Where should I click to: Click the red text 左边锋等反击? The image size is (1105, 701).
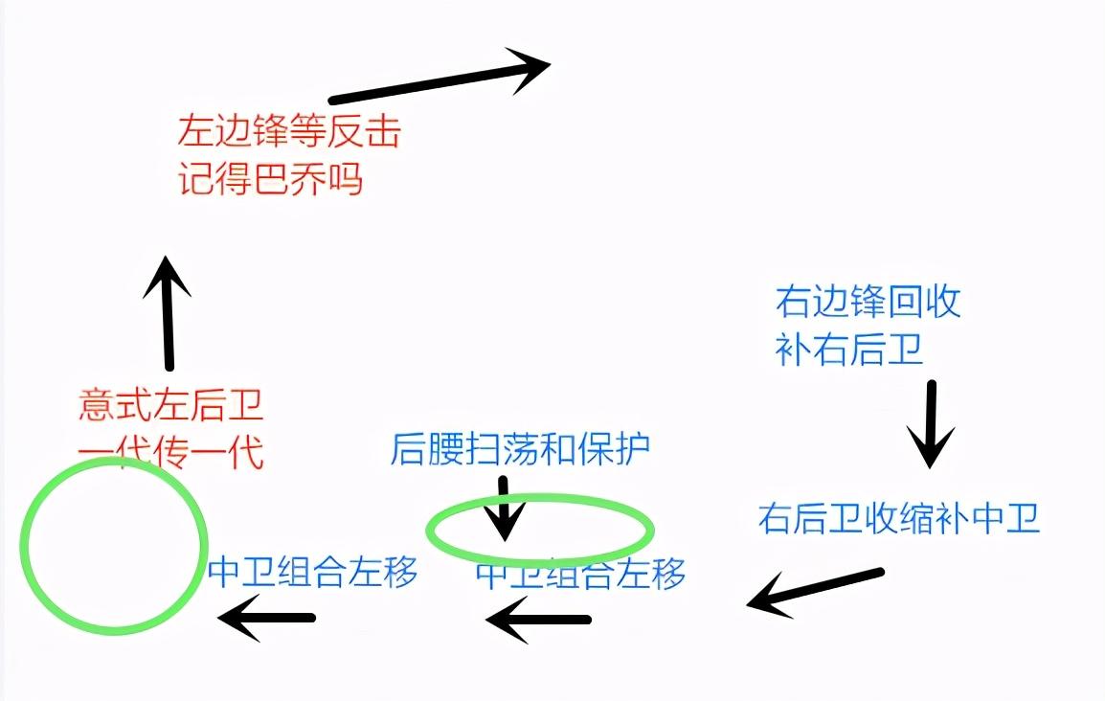[289, 131]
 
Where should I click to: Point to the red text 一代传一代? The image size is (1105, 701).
[171, 452]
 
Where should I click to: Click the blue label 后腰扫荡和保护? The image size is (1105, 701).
[520, 449]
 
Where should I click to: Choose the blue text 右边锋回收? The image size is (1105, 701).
[868, 302]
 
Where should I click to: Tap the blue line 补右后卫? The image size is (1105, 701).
[849, 349]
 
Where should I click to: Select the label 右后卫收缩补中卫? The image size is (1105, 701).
[899, 518]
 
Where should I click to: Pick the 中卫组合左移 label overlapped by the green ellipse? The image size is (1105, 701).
[580, 573]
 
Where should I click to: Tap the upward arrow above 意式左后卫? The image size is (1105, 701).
[168, 313]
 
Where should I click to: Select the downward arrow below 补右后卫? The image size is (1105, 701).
[931, 424]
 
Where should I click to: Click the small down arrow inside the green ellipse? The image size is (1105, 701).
[504, 509]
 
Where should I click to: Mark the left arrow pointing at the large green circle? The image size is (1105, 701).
[266, 618]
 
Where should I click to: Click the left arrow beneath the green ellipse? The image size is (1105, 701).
[538, 620]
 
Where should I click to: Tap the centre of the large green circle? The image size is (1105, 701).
[113, 546]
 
